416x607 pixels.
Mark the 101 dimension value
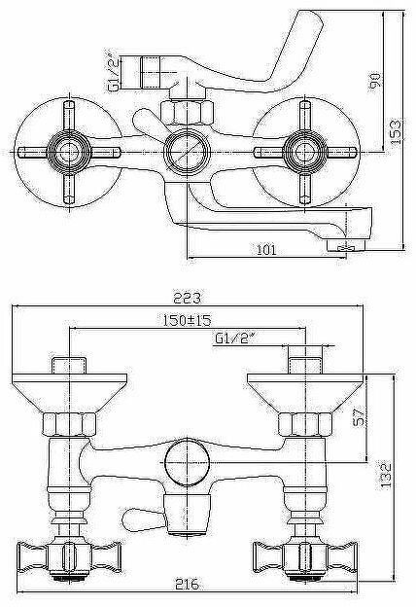pos(264,250)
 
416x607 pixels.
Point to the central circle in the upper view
pos(185,152)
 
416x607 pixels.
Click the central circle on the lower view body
pos(185,461)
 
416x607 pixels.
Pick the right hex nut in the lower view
pos(301,422)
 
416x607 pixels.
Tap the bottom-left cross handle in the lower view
pos(63,555)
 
